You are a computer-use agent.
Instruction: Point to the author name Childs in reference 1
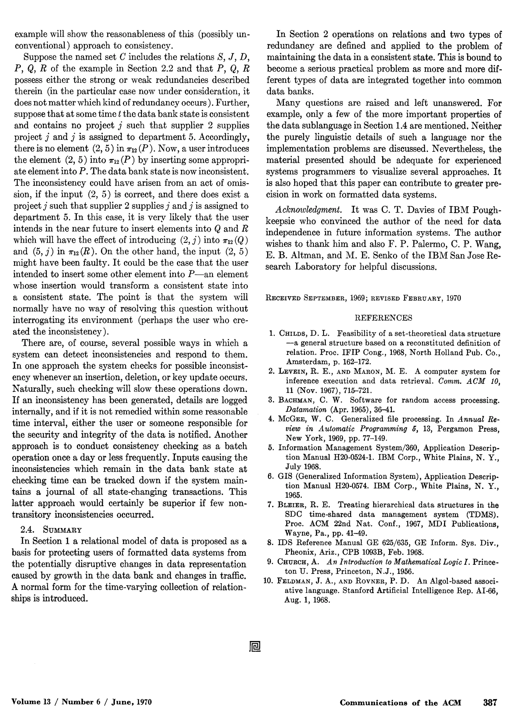click(290, 333)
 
